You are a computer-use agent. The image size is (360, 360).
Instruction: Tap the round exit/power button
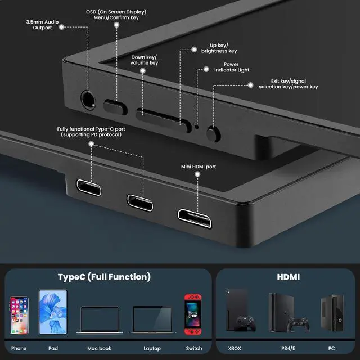213,133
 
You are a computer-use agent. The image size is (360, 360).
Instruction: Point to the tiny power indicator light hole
197,126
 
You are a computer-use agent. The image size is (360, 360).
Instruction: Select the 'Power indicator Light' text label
235,67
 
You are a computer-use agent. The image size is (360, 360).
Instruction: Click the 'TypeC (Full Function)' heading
104,277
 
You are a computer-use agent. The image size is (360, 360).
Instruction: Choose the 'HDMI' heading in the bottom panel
288,277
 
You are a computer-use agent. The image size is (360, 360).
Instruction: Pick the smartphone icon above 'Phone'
19,316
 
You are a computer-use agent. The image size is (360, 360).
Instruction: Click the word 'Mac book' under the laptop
99,349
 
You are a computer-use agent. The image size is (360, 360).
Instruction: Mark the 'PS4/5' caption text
289,349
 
